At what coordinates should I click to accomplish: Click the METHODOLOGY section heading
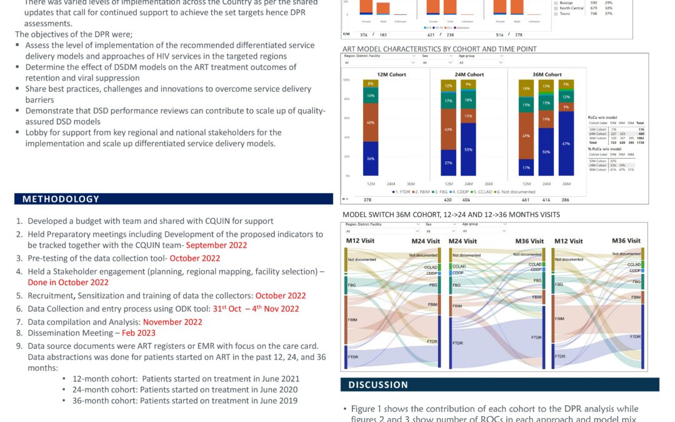coord(61,199)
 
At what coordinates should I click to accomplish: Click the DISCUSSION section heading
coord(378,384)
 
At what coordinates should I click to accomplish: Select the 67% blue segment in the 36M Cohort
coord(566,144)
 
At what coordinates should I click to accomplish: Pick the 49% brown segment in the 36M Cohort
coord(527,136)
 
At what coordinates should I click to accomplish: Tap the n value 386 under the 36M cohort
coord(566,200)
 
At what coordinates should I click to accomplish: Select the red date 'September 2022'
coord(216,245)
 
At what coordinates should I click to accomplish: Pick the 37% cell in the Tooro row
coord(609,13)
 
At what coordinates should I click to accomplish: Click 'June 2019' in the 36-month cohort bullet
coord(279,401)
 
